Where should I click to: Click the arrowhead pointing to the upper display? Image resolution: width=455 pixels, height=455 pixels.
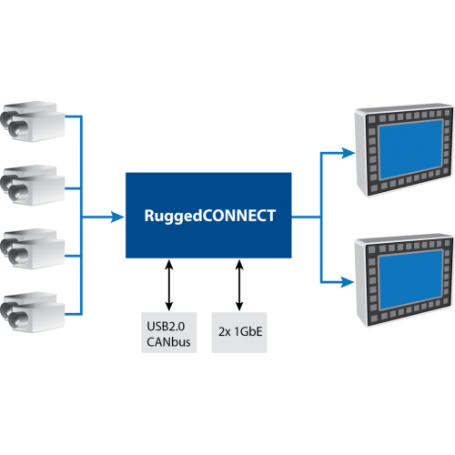click(348, 152)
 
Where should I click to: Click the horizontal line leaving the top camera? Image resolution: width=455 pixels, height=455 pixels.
click(73, 117)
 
